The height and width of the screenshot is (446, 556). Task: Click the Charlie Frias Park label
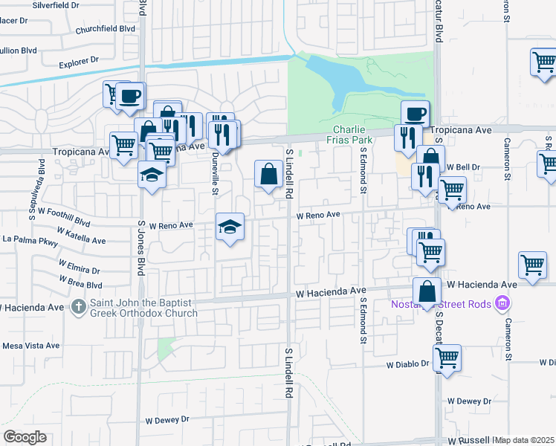coord(352,134)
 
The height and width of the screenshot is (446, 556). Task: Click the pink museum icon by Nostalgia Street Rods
coord(503,303)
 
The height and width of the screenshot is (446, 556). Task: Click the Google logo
coord(25,437)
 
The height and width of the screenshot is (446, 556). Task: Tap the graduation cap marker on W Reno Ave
coord(230,227)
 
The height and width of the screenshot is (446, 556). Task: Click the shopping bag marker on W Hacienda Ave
coord(427,291)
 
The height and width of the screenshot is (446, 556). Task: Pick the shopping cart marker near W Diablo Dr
coord(447,358)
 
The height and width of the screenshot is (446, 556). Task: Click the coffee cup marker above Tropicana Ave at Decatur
coord(416,114)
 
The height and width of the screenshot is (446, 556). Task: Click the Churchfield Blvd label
coord(106,30)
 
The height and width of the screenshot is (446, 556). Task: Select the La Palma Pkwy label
coord(30,240)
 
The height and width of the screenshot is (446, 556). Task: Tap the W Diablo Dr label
coord(408,365)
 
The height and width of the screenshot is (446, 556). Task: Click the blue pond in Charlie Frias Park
coord(338,79)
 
